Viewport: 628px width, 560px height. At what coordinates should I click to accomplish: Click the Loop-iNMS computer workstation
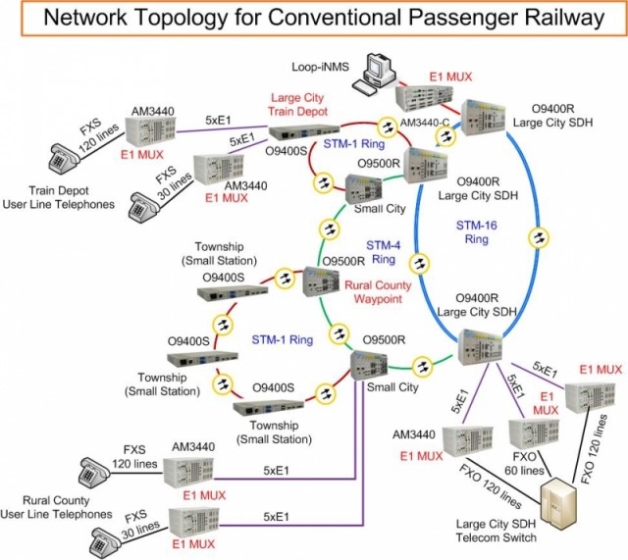pos(379,73)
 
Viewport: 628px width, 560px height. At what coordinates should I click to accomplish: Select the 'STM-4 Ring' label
pos(383,251)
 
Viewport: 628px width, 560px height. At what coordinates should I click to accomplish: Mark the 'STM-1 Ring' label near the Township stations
pos(280,340)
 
